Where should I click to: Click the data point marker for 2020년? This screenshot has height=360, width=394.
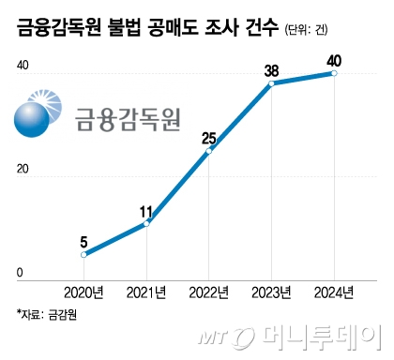point(84,254)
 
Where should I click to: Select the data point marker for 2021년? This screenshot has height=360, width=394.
point(146,223)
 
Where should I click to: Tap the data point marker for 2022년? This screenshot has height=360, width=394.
point(209,151)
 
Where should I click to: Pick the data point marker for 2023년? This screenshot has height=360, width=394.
point(271,83)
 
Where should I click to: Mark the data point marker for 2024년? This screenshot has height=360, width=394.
point(334,73)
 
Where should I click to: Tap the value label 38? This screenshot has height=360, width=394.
point(271,68)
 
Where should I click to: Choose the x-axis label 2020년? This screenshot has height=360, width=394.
point(84,292)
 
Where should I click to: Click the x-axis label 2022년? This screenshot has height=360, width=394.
point(209,292)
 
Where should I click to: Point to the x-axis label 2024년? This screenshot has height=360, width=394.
point(334,292)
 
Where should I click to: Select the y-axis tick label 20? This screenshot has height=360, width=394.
point(23,170)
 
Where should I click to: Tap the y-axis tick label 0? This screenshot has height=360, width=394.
point(19,273)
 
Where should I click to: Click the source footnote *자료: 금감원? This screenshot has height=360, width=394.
point(45,314)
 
